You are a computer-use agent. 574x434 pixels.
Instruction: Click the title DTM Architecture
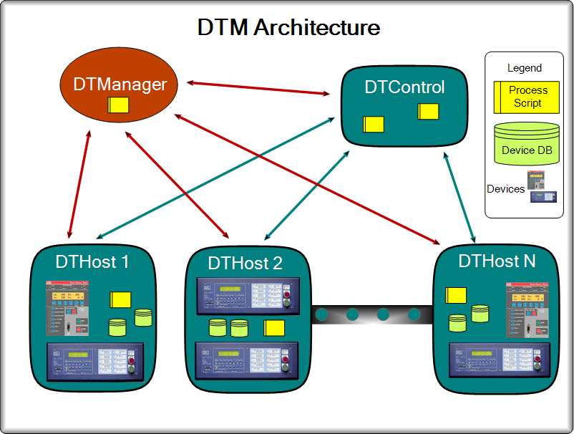click(288, 28)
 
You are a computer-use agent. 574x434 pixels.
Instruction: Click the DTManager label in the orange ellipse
click(120, 84)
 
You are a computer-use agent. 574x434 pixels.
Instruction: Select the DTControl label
click(404, 87)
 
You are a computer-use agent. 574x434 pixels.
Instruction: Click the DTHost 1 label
click(92, 261)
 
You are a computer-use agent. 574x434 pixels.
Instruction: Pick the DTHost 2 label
click(245, 263)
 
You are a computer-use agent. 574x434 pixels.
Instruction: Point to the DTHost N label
click(497, 261)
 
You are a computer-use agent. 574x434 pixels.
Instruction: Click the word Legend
click(525, 68)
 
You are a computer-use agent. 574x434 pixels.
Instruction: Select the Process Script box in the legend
click(525, 97)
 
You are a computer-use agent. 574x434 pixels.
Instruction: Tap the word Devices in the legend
click(505, 189)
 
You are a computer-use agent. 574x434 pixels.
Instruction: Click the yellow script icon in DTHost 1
click(120, 300)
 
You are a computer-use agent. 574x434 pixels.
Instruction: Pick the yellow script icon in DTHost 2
click(274, 329)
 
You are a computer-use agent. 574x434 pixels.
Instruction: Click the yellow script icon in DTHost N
click(455, 295)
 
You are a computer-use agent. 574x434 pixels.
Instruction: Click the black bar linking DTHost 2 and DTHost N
click(372, 314)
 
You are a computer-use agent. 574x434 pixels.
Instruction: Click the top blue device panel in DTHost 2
click(245, 295)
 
